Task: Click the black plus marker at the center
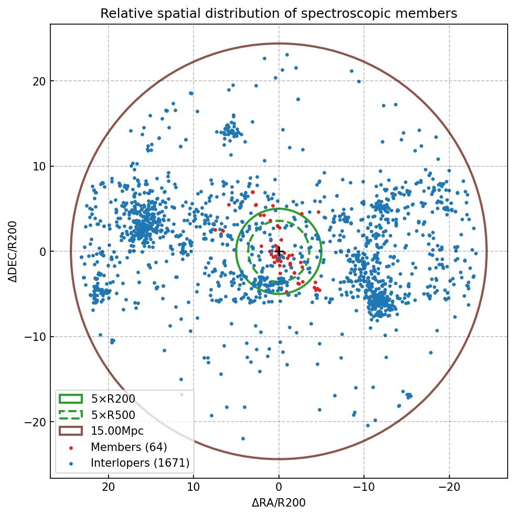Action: coord(279,252)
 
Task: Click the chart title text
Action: coord(278,13)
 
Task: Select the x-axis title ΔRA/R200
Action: coord(278,503)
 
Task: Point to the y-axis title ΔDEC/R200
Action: coord(13,252)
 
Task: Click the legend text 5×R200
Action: coord(113,399)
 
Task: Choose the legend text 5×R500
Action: coord(113,415)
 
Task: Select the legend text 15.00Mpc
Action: coord(117,431)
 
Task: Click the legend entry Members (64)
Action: coord(128,447)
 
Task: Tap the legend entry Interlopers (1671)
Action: coord(140,463)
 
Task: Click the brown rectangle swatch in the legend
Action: coord(71,431)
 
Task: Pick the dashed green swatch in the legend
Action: coord(71,415)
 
